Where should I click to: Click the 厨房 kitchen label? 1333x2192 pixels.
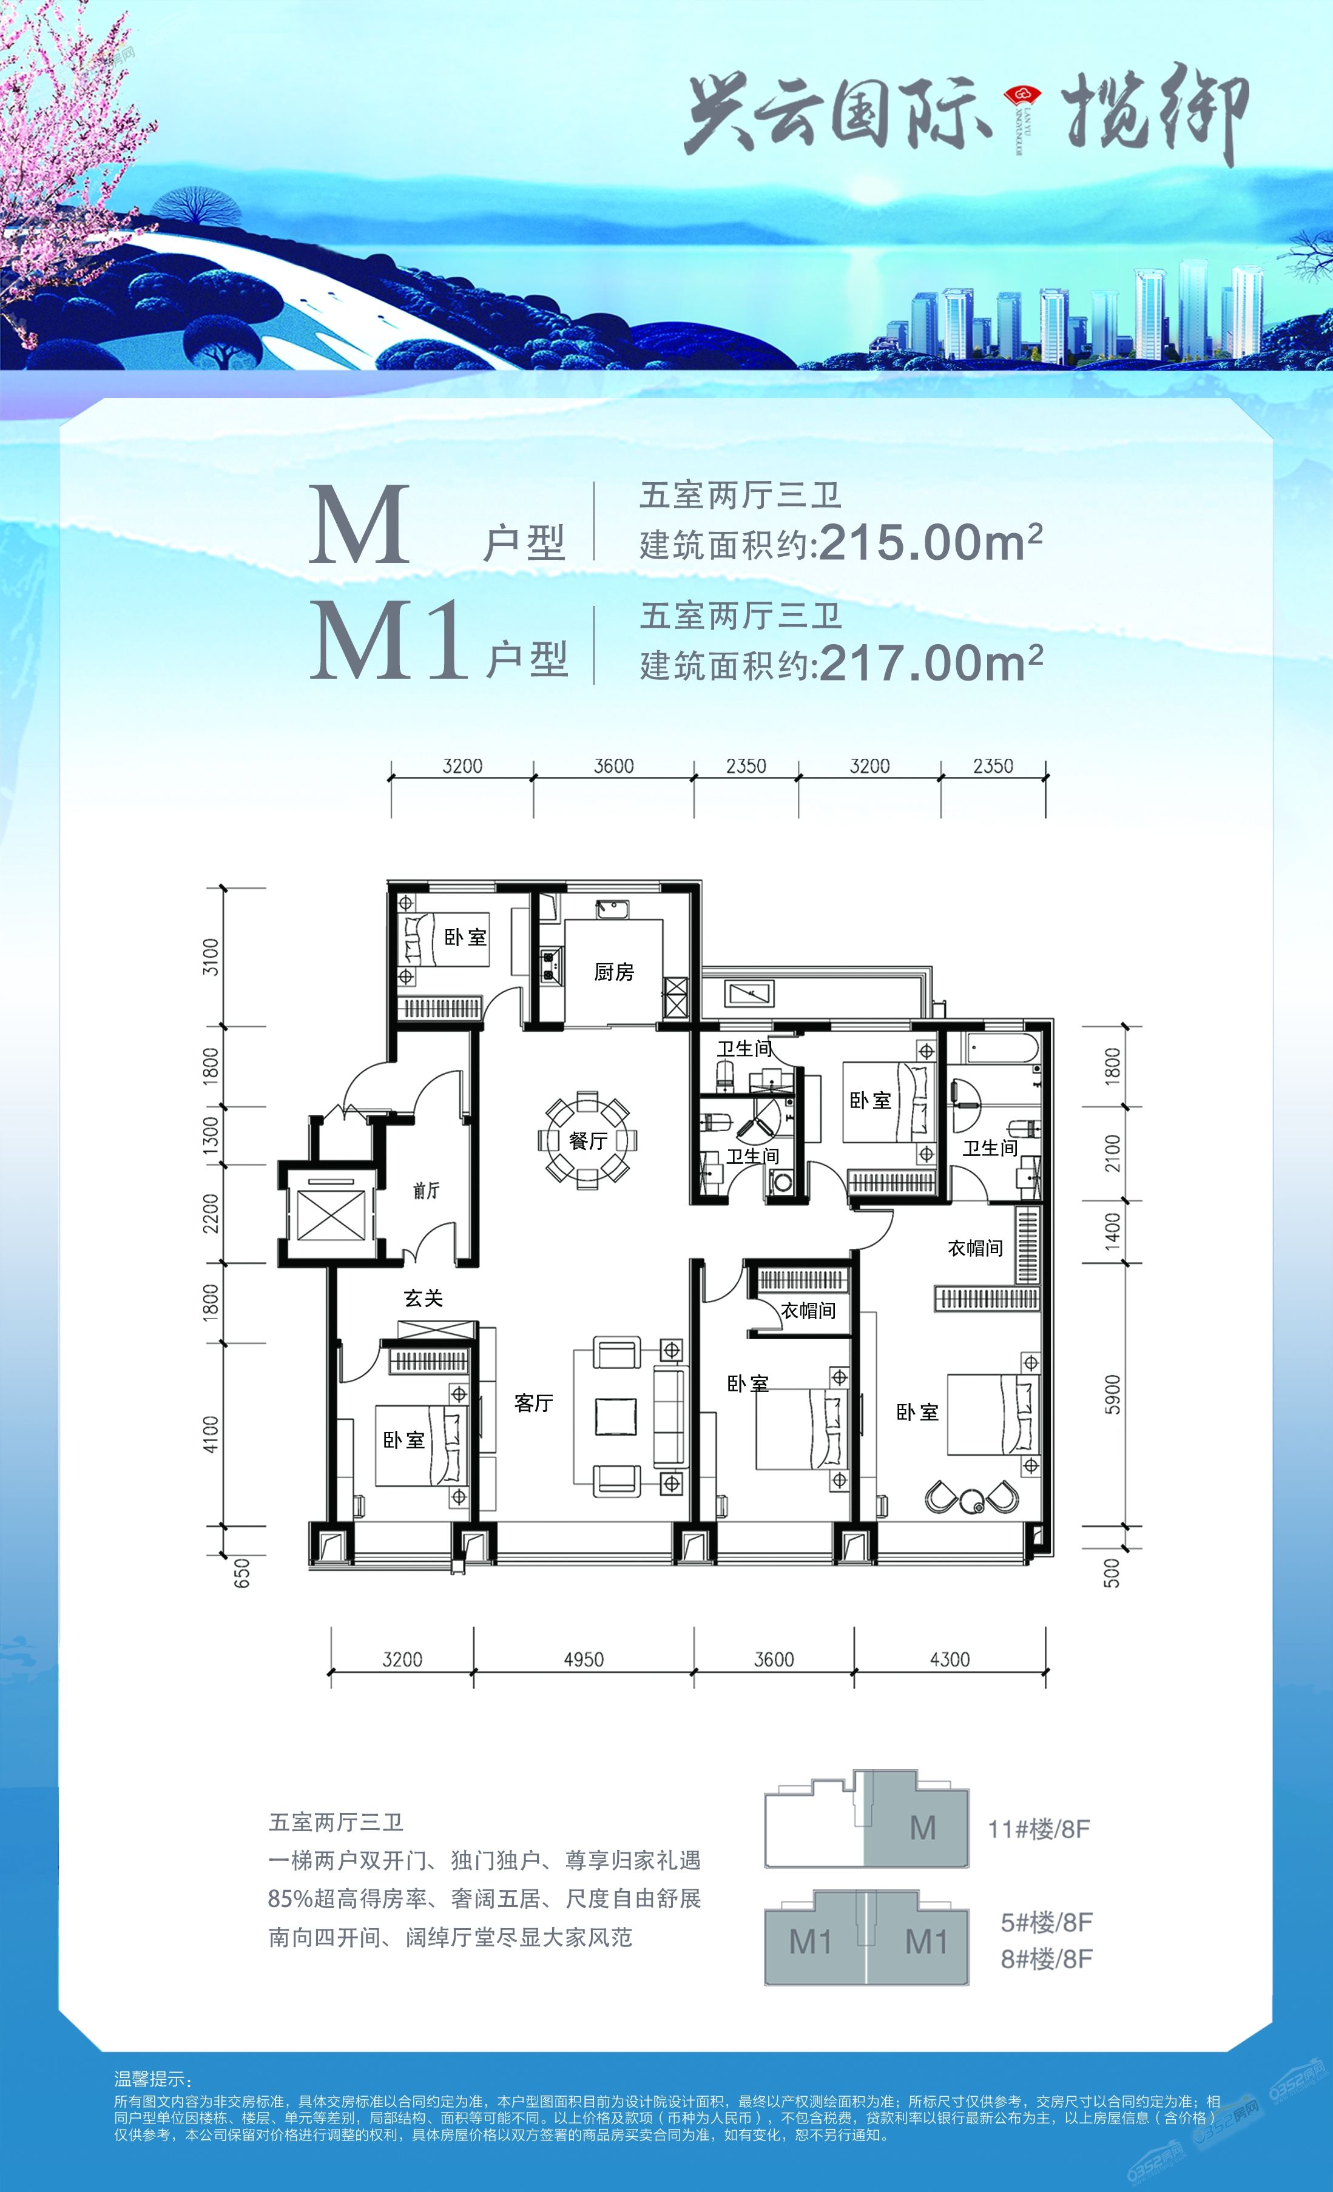pyautogui.click(x=614, y=972)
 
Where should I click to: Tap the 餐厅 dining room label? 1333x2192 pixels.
pyautogui.click(x=587, y=1140)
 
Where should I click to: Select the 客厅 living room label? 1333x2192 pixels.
pyautogui.click(x=534, y=1403)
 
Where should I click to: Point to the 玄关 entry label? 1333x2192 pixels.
pyautogui.click(x=424, y=1298)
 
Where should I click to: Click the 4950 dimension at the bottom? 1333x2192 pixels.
pyautogui.click(x=584, y=1659)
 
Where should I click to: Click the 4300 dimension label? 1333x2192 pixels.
pyautogui.click(x=950, y=1659)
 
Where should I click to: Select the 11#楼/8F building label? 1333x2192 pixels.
pyautogui.click(x=1039, y=1830)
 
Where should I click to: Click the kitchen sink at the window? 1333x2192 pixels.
pyautogui.click(x=612, y=909)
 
